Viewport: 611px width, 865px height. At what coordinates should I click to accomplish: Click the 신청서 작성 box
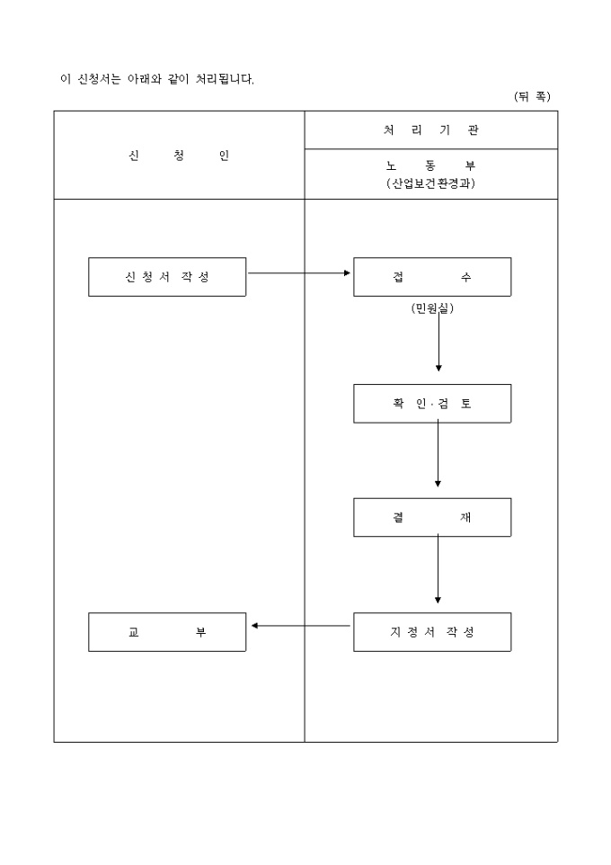[x=167, y=277]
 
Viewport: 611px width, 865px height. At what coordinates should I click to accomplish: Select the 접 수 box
[x=432, y=277]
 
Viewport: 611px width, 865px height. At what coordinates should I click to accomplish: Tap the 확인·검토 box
[x=432, y=404]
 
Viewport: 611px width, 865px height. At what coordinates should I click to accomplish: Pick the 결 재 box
[x=432, y=517]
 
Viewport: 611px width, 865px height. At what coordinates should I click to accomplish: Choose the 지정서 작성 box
[x=432, y=632]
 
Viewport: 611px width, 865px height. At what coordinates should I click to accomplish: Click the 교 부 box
[x=167, y=632]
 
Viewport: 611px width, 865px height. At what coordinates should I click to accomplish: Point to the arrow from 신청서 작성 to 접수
[x=299, y=272]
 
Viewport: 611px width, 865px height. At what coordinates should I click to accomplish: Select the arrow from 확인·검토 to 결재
[x=438, y=455]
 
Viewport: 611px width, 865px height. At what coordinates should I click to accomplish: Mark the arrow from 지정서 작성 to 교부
[x=300, y=626]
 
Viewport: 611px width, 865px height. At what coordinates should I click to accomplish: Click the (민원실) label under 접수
[x=432, y=308]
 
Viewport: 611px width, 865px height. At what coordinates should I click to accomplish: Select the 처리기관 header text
[x=431, y=130]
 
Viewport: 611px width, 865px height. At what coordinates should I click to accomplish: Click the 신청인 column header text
[x=179, y=156]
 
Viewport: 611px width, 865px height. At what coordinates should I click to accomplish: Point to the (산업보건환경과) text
[x=431, y=183]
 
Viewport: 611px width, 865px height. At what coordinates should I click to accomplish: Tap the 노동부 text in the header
[x=431, y=165]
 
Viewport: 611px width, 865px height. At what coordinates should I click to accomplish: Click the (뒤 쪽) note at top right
[x=532, y=96]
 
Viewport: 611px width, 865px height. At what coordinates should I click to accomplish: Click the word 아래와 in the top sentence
[x=146, y=79]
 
